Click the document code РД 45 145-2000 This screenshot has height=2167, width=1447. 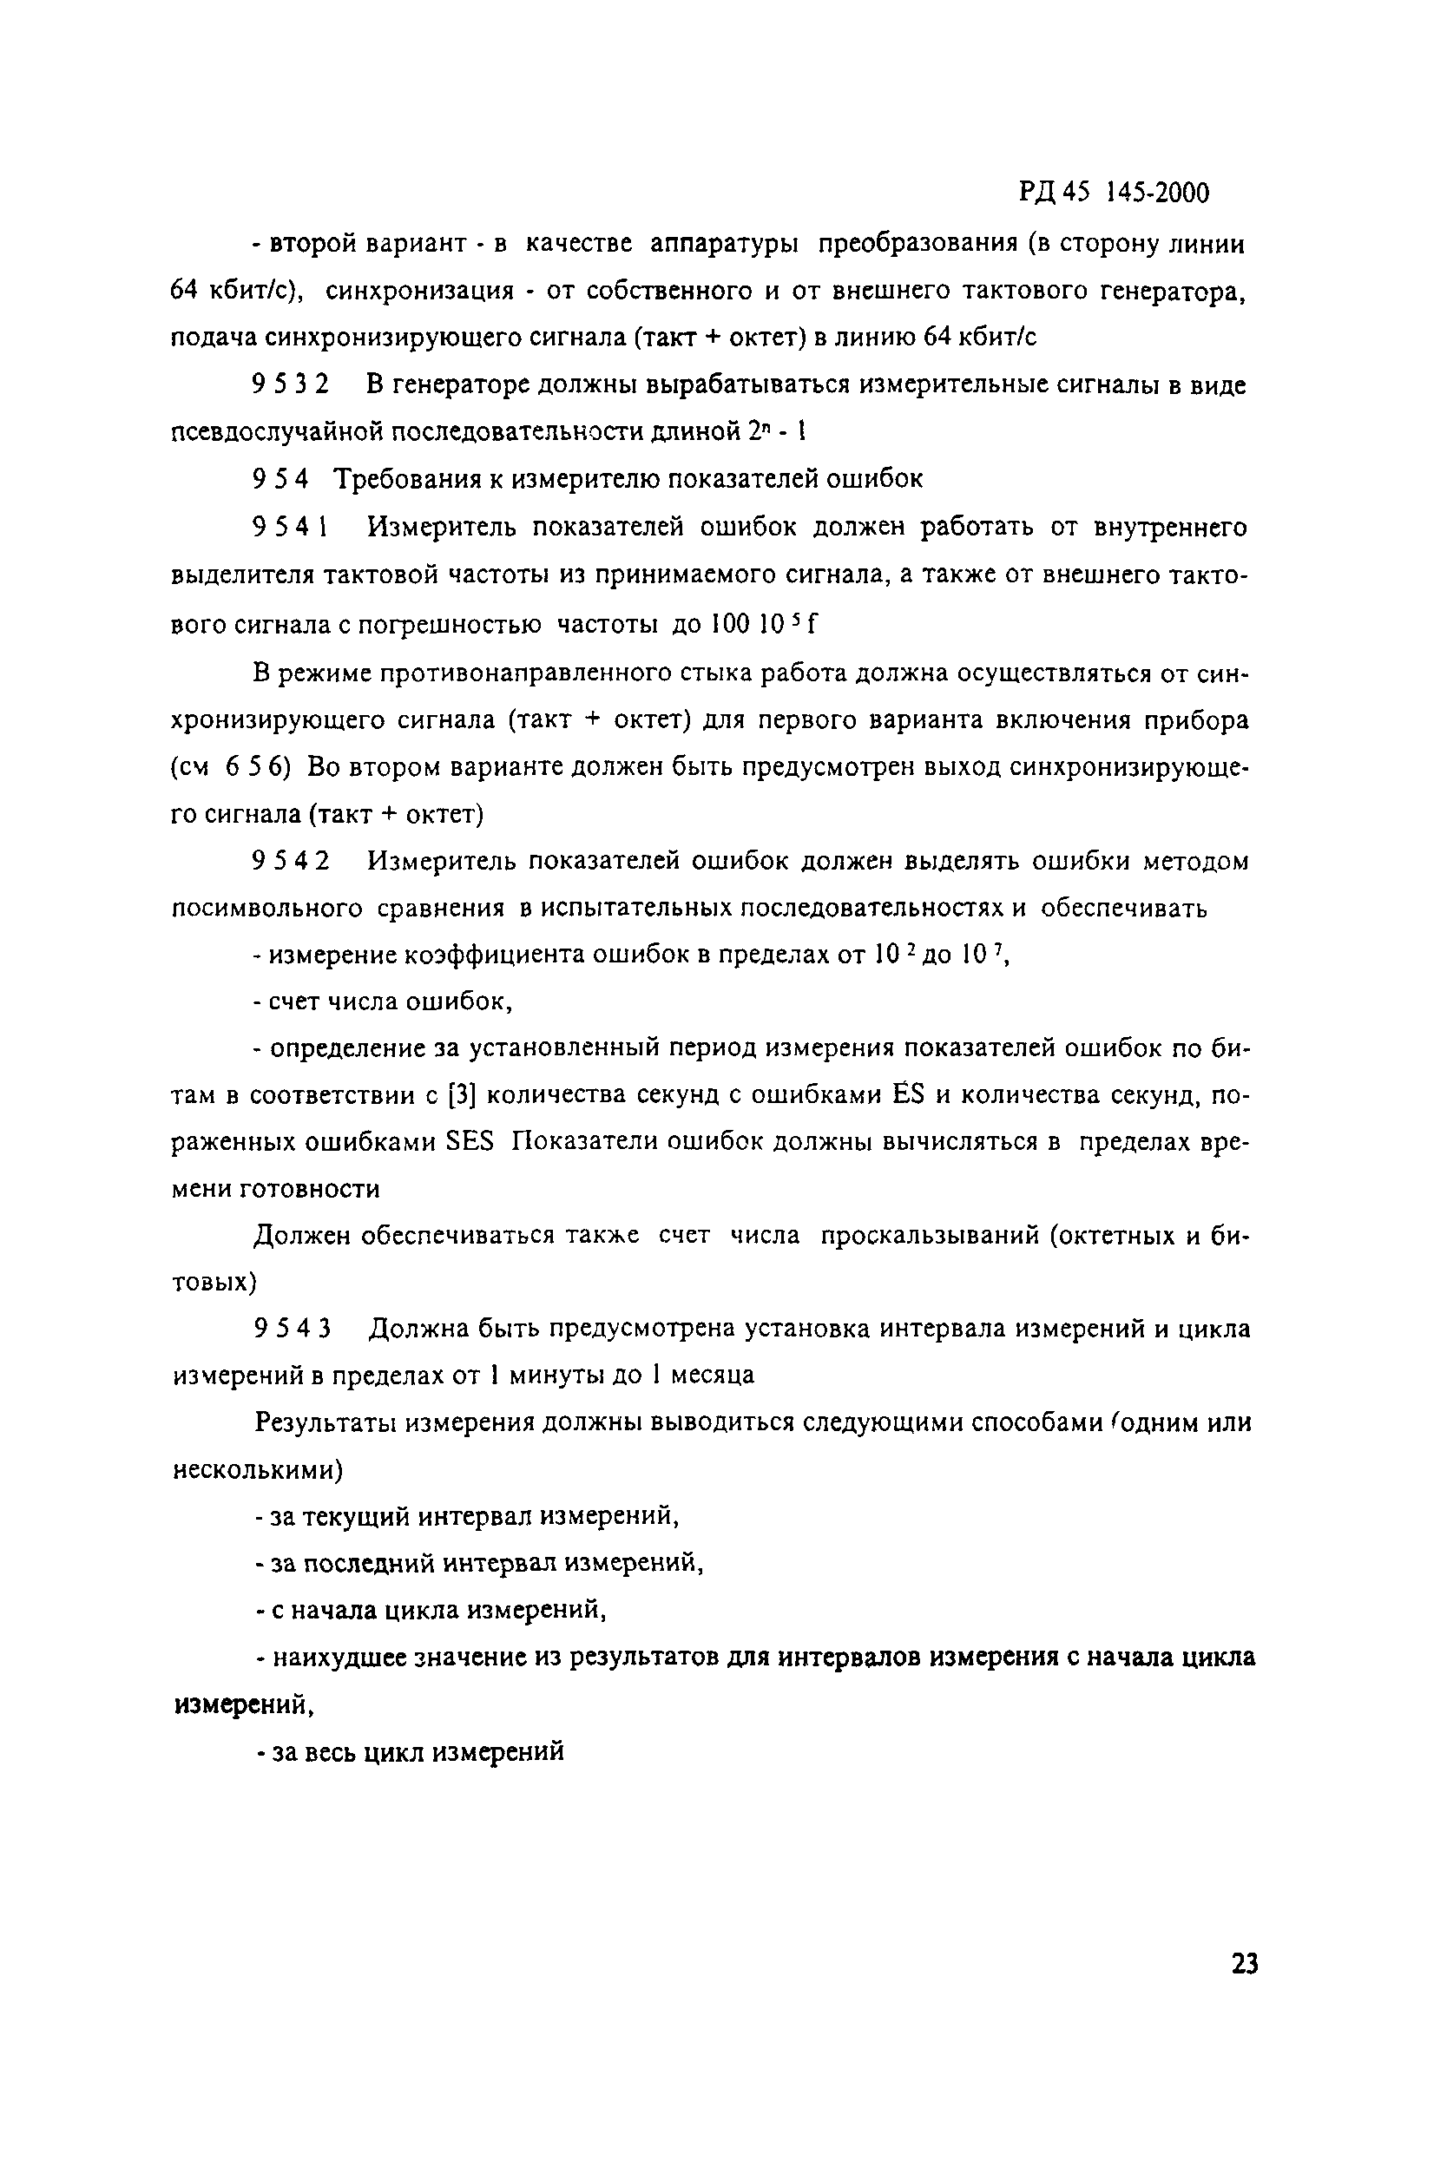[x=1114, y=192]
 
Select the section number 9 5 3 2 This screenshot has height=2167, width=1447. [x=290, y=384]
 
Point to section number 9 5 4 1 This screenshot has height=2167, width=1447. [x=290, y=528]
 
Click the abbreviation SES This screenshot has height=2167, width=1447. [x=470, y=1141]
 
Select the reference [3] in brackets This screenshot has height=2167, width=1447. [x=461, y=1095]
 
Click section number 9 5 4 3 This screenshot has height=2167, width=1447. [x=291, y=1330]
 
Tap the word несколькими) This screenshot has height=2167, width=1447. [x=258, y=1469]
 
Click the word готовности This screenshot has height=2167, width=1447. [x=309, y=1189]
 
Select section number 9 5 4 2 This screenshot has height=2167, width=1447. [x=290, y=862]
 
